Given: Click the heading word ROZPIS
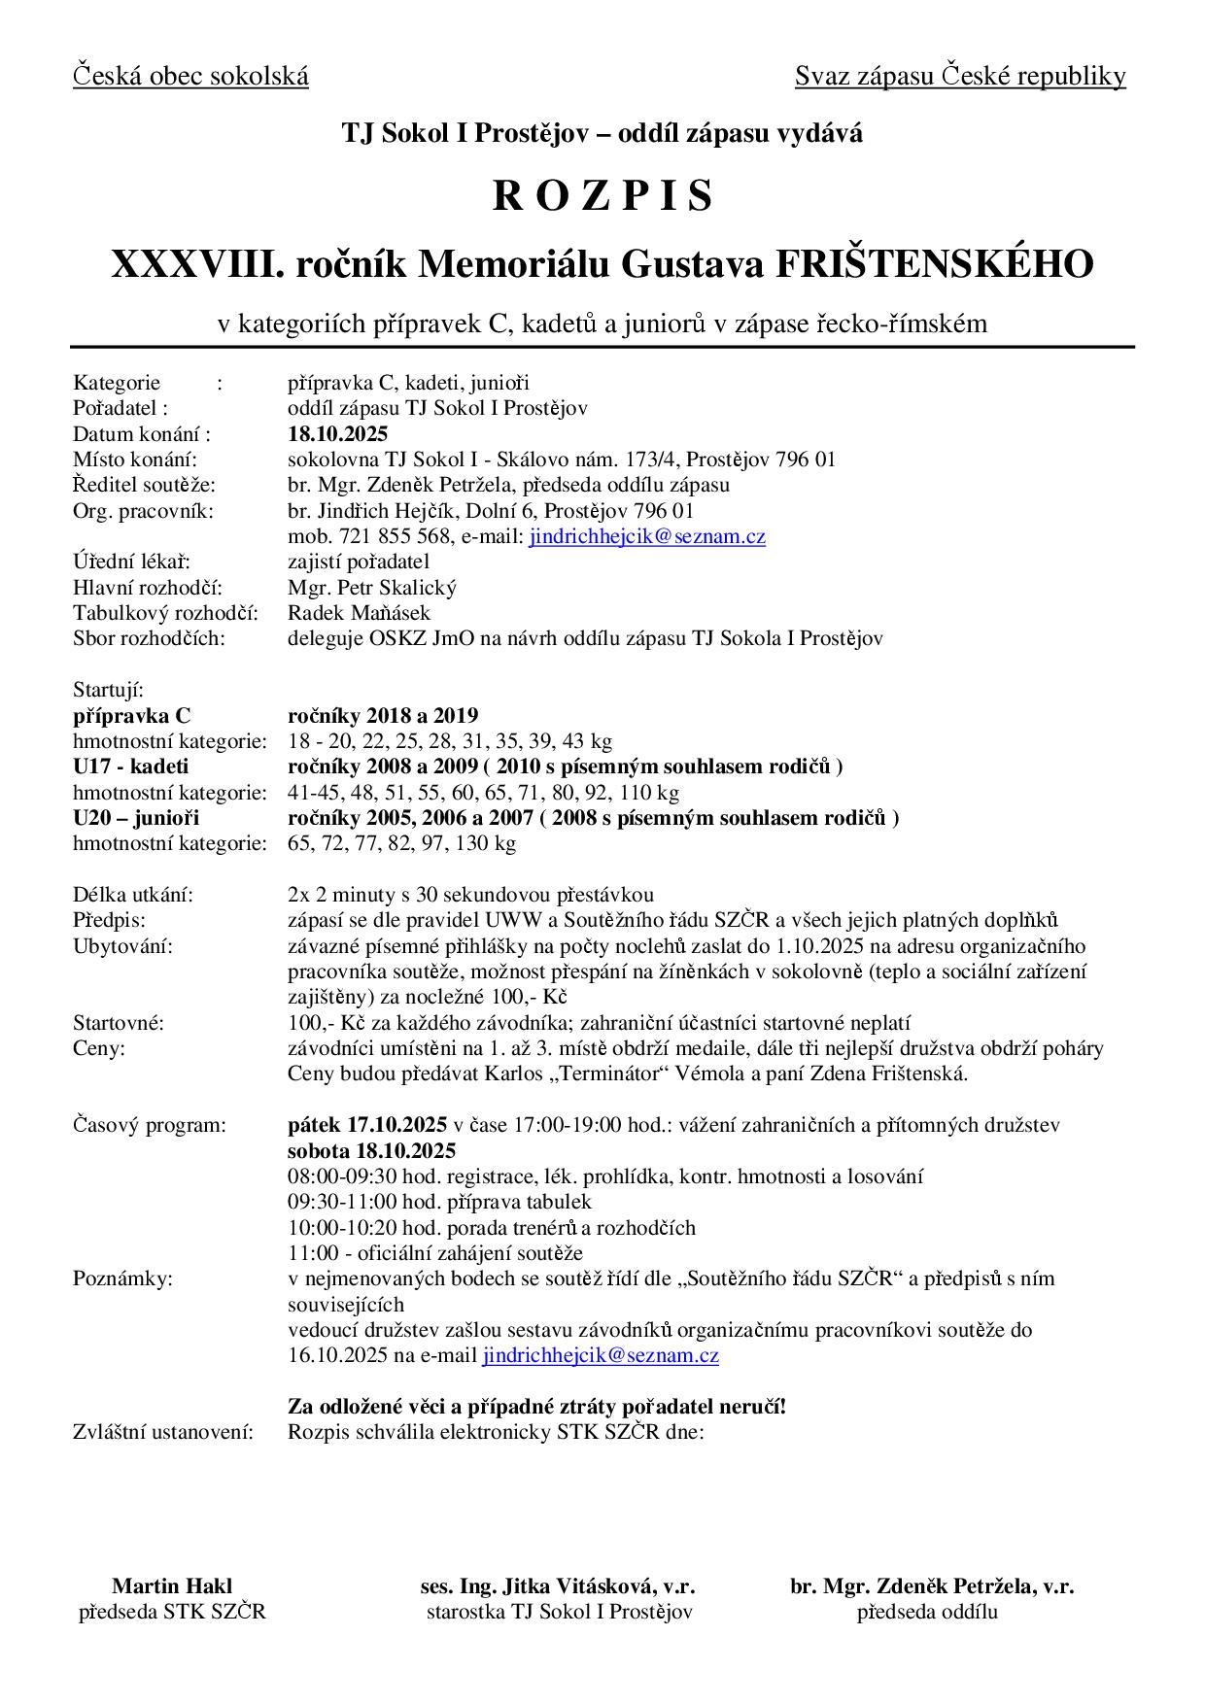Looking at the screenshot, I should (x=602, y=196).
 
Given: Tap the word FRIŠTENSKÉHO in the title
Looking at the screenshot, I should (x=933, y=263).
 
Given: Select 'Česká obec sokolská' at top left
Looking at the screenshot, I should (x=190, y=76).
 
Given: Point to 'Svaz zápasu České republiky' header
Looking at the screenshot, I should (x=960, y=76).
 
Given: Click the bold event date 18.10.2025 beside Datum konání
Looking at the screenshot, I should (x=337, y=433).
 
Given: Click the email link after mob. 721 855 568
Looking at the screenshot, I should (x=647, y=536).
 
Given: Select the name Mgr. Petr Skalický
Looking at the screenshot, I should (x=372, y=588).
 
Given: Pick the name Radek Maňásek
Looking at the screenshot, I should (x=359, y=613).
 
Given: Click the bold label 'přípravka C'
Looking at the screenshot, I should (x=132, y=716).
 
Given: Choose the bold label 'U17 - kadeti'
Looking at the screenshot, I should (x=131, y=767).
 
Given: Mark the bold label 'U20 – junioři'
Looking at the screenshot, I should (x=136, y=818).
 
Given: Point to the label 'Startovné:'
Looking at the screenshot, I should (x=119, y=1022).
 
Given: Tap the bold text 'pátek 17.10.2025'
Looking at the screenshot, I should (x=366, y=1125).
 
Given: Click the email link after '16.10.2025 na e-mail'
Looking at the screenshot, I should (x=601, y=1355).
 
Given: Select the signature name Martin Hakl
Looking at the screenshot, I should (x=172, y=1586).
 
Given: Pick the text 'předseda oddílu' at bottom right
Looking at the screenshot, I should (x=927, y=1613).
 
